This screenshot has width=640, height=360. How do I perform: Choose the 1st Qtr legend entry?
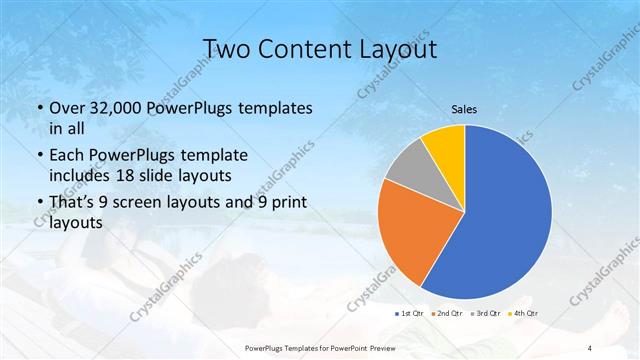click(x=410, y=315)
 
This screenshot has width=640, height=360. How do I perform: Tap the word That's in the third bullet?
click(x=73, y=203)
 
